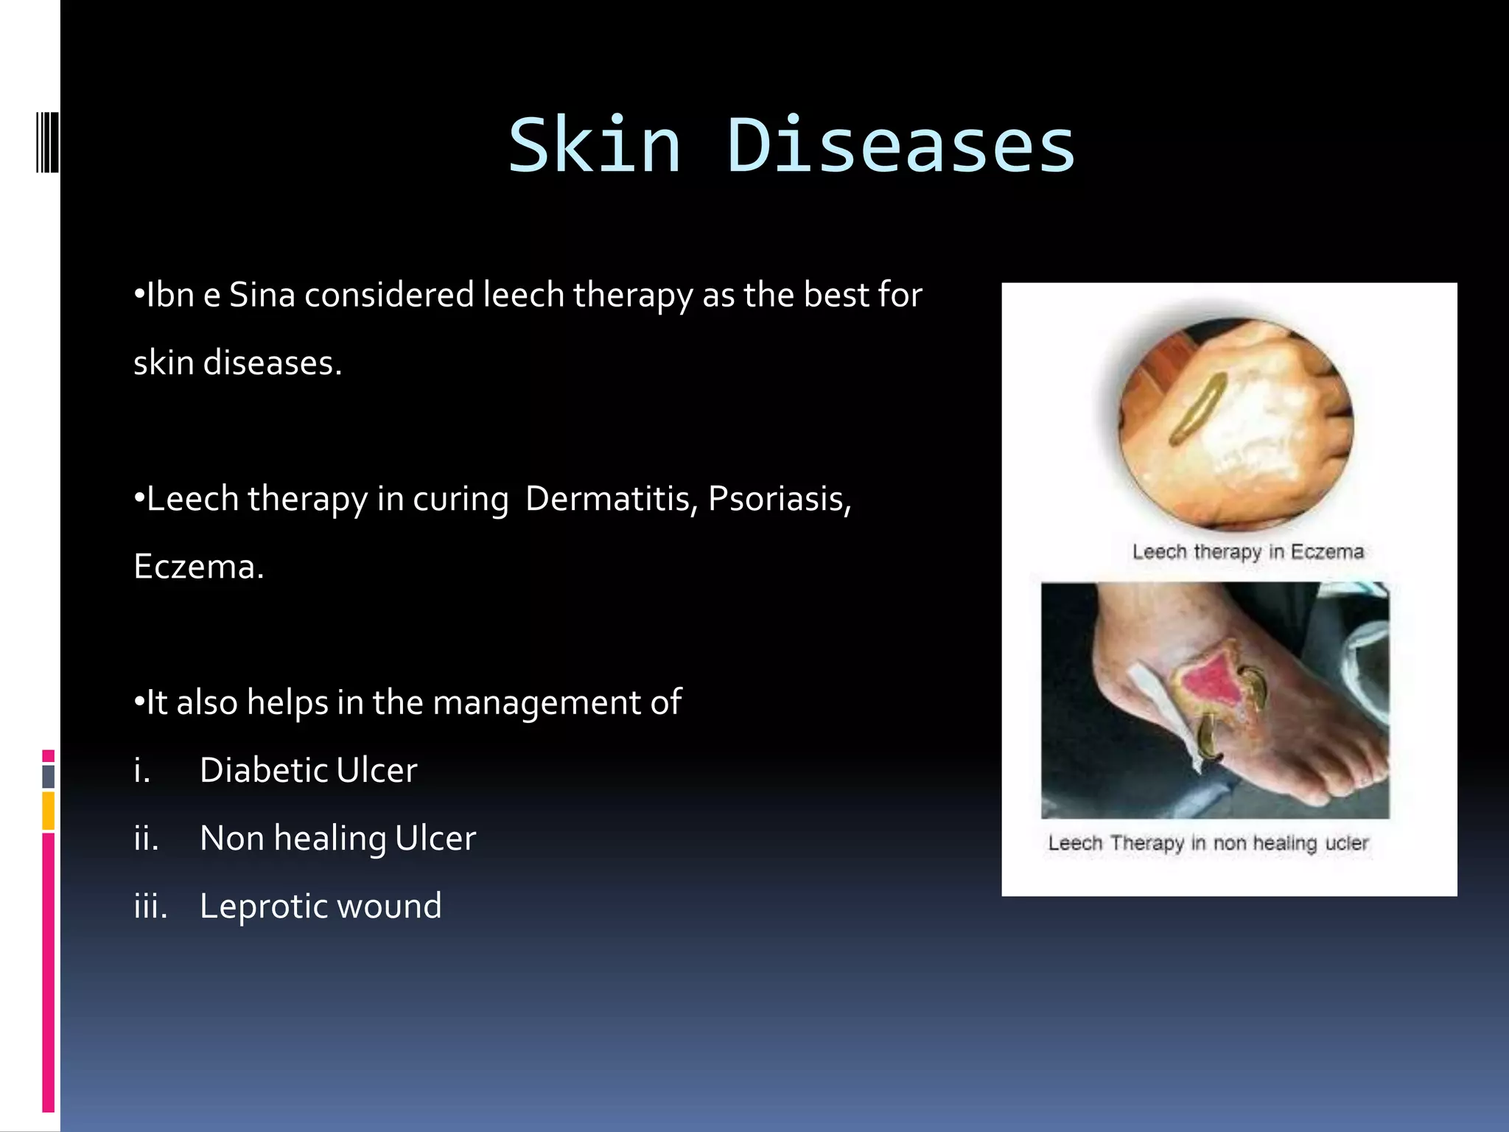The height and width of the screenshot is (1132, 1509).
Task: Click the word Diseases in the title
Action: point(900,146)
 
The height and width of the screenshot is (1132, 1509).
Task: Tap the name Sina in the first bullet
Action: point(262,295)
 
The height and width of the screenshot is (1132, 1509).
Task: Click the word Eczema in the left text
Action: point(197,567)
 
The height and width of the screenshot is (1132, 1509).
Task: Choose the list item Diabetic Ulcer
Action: point(308,771)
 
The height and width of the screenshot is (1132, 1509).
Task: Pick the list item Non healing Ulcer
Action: point(337,839)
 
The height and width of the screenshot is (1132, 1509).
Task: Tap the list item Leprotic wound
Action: point(321,906)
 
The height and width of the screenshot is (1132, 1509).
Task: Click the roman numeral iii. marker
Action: point(150,906)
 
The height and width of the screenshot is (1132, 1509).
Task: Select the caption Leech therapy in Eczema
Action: point(1247,552)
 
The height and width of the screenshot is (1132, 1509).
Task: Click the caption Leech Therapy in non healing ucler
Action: point(1208,843)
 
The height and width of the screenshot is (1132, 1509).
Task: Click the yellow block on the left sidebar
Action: point(49,811)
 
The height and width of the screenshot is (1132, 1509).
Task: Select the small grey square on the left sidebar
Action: point(49,776)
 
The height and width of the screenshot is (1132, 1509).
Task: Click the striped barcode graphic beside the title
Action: point(47,141)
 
